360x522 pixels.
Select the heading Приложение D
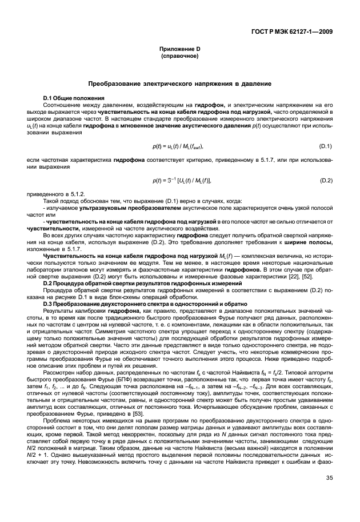pos(179,49)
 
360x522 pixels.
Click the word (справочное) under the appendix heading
pos(179,57)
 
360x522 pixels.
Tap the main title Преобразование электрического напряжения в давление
pos(179,84)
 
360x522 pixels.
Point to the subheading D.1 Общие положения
pos(72,98)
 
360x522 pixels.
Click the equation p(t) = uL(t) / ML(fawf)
pos(178,147)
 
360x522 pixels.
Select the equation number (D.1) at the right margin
pos(326,147)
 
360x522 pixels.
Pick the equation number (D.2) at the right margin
pos(326,181)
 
